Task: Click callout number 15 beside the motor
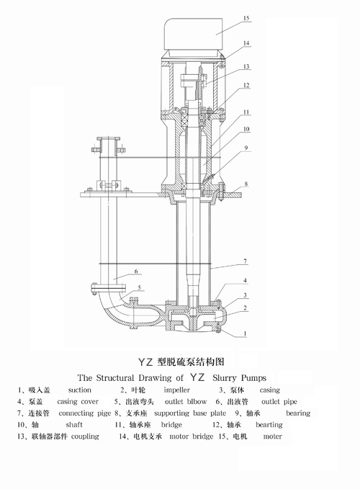246,18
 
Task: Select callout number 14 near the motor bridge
246,43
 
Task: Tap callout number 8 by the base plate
246,184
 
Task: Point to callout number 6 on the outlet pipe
136,272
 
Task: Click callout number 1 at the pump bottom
245,333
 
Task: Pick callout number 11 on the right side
246,112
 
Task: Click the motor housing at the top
194,34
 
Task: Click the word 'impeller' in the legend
176,390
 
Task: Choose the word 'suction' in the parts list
79,390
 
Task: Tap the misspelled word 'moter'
272,436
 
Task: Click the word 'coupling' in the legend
85,436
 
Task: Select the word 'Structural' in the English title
115,378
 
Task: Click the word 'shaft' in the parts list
74,425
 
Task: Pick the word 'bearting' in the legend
269,425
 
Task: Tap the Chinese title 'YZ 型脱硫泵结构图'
181,362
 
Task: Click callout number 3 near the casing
245,295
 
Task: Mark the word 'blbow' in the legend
197,402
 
